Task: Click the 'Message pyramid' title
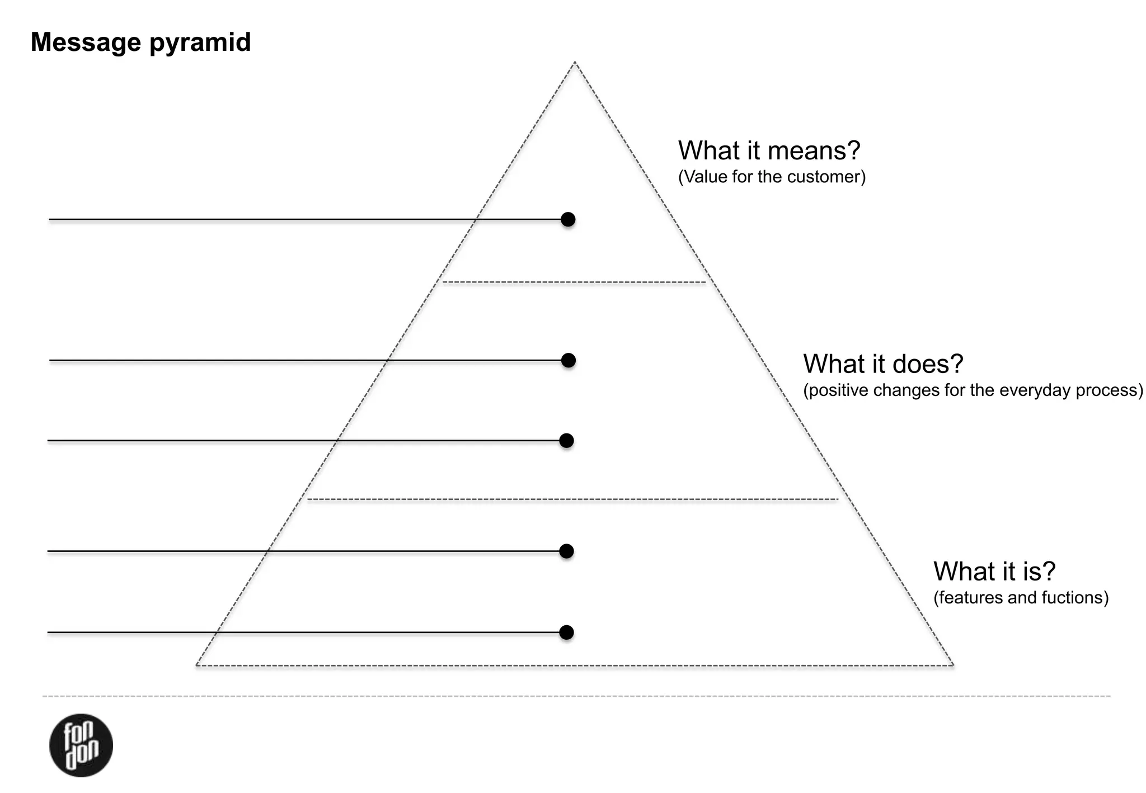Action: [140, 43]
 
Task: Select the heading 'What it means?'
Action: [769, 150]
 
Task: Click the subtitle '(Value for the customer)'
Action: [772, 177]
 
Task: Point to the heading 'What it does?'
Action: [883, 364]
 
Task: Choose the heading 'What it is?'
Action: [994, 572]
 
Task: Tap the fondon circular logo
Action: [81, 745]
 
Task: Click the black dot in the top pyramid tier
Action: [568, 219]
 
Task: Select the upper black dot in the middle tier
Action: [569, 360]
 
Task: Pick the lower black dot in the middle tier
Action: [567, 441]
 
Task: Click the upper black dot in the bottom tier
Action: [567, 551]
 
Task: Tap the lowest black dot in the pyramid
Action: [567, 632]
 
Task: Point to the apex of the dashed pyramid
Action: [575, 63]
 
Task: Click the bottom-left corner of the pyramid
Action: [196, 665]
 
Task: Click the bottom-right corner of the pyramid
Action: [953, 665]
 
